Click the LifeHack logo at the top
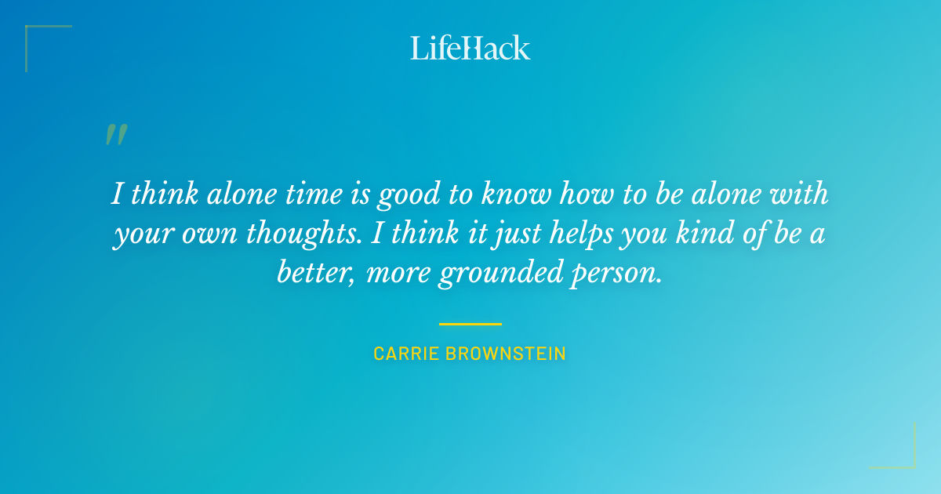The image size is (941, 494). point(470,48)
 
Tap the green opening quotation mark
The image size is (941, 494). point(116,135)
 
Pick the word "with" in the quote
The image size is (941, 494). point(800,194)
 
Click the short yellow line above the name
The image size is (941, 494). point(470,323)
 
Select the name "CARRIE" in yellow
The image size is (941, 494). point(406,354)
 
